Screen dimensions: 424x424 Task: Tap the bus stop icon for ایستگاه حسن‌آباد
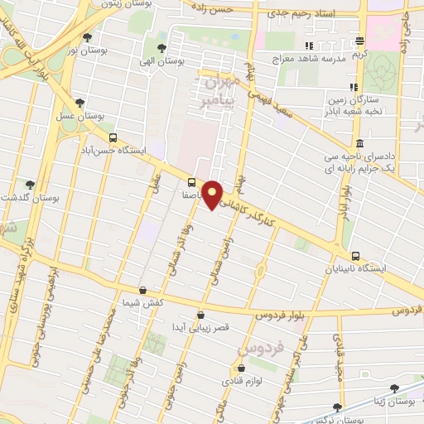point(113,139)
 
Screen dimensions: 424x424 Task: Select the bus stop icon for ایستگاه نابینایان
point(355,255)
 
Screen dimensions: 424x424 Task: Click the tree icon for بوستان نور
point(88,37)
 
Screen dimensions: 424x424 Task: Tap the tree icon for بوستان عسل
point(79,104)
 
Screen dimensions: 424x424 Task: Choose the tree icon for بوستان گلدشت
point(31,185)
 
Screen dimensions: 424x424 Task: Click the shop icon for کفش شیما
point(143,291)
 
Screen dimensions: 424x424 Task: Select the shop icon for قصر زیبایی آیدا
point(202,315)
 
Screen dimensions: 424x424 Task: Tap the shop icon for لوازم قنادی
point(227,369)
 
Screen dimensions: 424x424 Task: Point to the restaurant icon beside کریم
point(359,41)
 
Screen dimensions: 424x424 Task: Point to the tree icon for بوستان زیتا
point(395,388)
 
